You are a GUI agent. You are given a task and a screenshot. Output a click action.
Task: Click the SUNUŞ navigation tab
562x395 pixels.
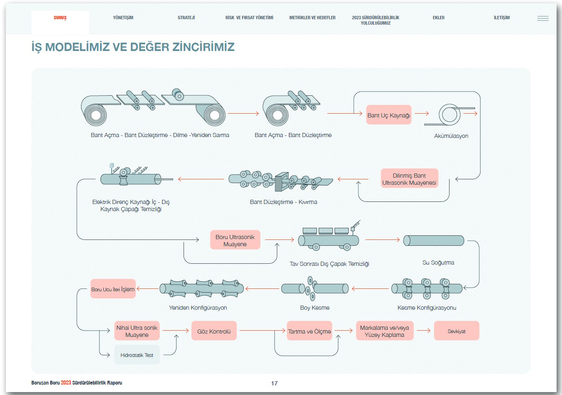[60, 18]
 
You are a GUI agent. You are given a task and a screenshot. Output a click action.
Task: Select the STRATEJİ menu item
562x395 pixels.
[186, 18]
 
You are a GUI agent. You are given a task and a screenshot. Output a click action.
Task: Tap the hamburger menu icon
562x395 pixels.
[543, 18]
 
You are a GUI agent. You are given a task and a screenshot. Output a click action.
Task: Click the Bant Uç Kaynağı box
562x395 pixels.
[389, 115]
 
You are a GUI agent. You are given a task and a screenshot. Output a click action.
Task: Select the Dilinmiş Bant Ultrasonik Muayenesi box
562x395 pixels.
[409, 179]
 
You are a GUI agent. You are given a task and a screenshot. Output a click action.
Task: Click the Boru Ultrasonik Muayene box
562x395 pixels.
[235, 240]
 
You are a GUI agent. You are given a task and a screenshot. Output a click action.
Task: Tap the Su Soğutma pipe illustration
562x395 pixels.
[434, 240]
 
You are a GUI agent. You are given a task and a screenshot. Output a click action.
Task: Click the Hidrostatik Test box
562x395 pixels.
[137, 355]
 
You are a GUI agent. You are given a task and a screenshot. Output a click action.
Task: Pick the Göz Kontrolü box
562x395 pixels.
[214, 331]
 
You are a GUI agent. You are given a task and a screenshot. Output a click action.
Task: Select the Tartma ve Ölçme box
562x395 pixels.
[309, 331]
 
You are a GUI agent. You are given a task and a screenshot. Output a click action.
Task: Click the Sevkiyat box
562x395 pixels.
[456, 331]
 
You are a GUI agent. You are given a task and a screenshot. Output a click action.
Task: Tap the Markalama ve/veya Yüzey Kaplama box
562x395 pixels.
[384, 331]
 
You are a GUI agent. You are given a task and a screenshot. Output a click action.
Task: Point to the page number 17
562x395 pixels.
[274, 383]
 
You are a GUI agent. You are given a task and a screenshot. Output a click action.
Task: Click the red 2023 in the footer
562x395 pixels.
[66, 382]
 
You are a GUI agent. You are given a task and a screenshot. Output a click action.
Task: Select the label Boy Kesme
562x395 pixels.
[314, 308]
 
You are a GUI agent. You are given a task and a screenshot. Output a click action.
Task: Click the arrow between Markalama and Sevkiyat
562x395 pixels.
[424, 331]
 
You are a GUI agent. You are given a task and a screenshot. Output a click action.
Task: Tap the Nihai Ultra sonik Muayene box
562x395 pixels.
[137, 331]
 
